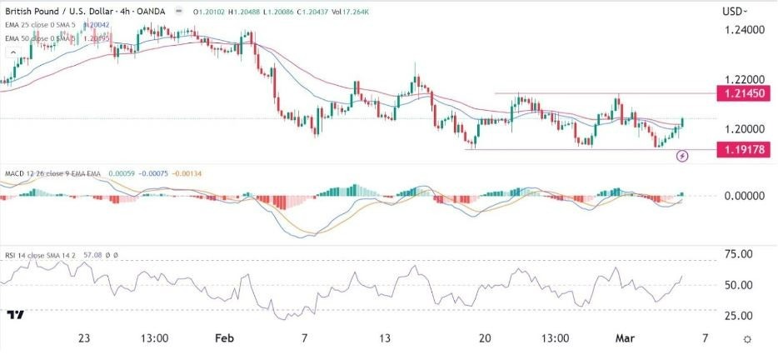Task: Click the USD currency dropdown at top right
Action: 734,11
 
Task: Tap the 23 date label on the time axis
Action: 84,339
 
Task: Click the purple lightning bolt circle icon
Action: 683,155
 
